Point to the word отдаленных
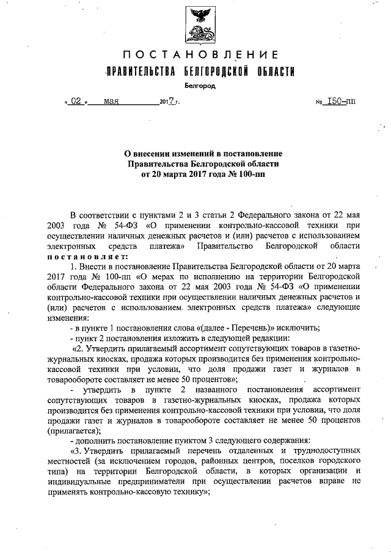[245, 451]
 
